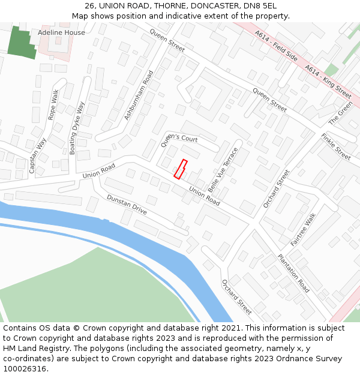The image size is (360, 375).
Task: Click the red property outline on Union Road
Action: pos(181,169)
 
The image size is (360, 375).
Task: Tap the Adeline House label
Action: pos(61,32)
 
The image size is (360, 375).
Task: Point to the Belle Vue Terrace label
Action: pos(223,169)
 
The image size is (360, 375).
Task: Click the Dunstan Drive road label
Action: pos(127,205)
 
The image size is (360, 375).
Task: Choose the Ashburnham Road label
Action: pos(139,95)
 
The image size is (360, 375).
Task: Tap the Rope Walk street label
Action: pos(54,105)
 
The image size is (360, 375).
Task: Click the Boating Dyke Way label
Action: pos(77,128)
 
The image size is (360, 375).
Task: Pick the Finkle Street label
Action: pos(335,146)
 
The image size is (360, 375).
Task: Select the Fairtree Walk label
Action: pos(303,229)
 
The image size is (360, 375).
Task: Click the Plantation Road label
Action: pos(293,273)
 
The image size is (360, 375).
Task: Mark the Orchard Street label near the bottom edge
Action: pos(236,297)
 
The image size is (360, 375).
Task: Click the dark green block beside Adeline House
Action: pos(22,42)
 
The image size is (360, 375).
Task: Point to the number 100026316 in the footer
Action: pos(24,368)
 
